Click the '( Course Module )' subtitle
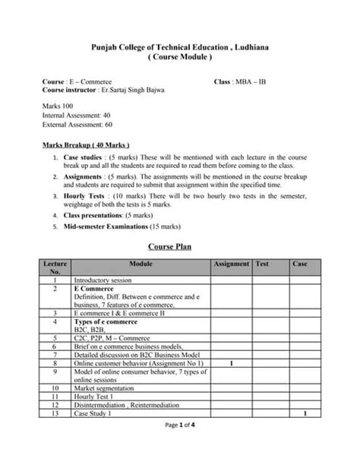[180, 58]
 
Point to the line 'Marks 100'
[58, 105]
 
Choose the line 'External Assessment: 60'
[78, 124]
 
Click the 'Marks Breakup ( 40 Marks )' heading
[86, 144]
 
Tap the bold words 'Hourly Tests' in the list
[83, 196]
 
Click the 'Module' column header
[141, 264]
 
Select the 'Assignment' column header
[231, 264]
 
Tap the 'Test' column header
[262, 264]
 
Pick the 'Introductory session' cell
[103, 280]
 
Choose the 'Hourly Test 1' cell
[94, 396]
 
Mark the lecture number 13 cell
[55, 413]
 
